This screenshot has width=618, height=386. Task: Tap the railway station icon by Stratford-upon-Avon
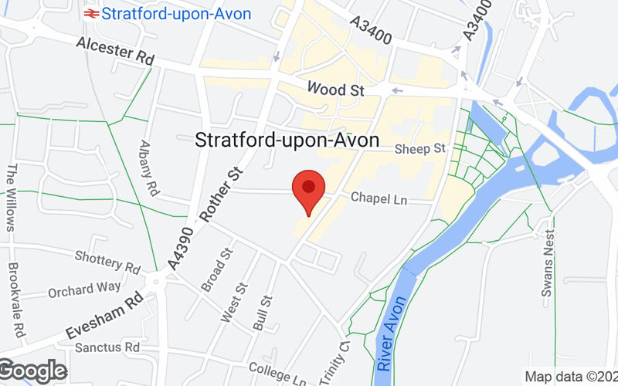pyautogui.click(x=90, y=13)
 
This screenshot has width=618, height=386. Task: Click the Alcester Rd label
pyautogui.click(x=115, y=54)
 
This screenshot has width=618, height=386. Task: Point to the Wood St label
pyautogui.click(x=334, y=90)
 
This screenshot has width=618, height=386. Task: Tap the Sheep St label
pyautogui.click(x=420, y=148)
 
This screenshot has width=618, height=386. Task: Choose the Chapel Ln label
pyautogui.click(x=379, y=198)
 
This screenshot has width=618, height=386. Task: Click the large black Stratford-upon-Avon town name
pyautogui.click(x=287, y=141)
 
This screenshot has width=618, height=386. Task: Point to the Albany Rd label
pyautogui.click(x=149, y=168)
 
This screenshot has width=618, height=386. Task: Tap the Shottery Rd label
pyautogui.click(x=107, y=262)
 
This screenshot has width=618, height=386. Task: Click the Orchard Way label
pyautogui.click(x=84, y=289)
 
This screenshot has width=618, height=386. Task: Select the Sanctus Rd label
pyautogui.click(x=107, y=347)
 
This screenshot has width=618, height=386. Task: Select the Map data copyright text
pyautogui.click(x=570, y=377)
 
